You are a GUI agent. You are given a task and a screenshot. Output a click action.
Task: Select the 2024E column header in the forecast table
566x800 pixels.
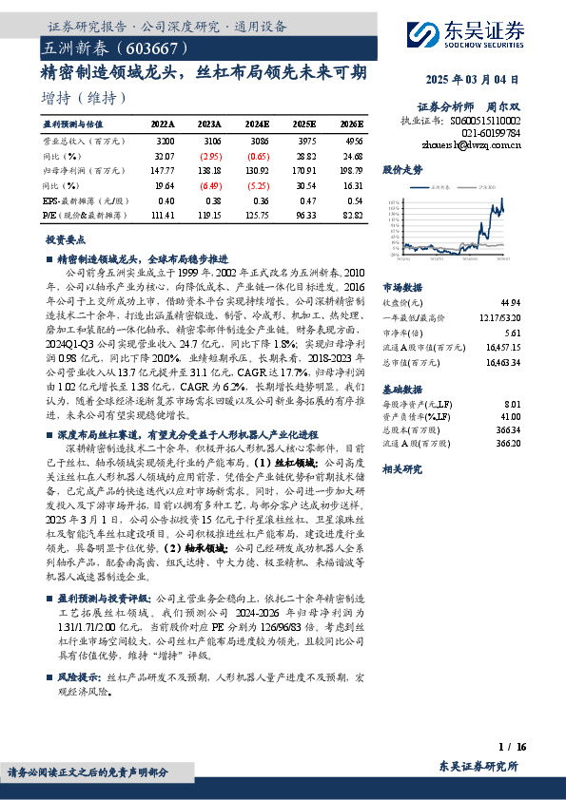(x=257, y=124)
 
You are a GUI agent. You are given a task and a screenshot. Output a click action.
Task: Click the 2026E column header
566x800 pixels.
(x=351, y=124)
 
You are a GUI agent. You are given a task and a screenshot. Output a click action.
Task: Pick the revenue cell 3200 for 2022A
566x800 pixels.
(x=164, y=140)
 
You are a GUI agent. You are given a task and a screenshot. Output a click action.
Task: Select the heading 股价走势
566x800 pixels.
(x=402, y=170)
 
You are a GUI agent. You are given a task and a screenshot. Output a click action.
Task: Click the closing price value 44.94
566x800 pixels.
(x=510, y=299)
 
